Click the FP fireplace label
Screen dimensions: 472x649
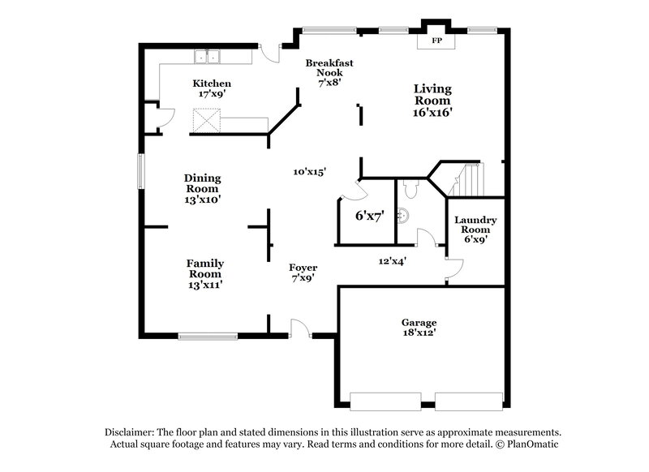tap(436, 41)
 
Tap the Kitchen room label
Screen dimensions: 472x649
tap(212, 84)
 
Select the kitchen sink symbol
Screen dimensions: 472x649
tap(208, 57)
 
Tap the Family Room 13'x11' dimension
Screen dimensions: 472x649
tap(204, 284)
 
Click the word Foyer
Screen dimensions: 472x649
tap(303, 268)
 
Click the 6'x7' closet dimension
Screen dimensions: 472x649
tap(369, 216)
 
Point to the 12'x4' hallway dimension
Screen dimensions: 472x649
tap(392, 261)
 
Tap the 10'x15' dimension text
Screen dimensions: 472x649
tap(309, 172)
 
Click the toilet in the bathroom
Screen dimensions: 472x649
tap(410, 189)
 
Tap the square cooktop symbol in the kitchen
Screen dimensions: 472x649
tap(206, 122)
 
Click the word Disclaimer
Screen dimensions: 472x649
tap(131, 432)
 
